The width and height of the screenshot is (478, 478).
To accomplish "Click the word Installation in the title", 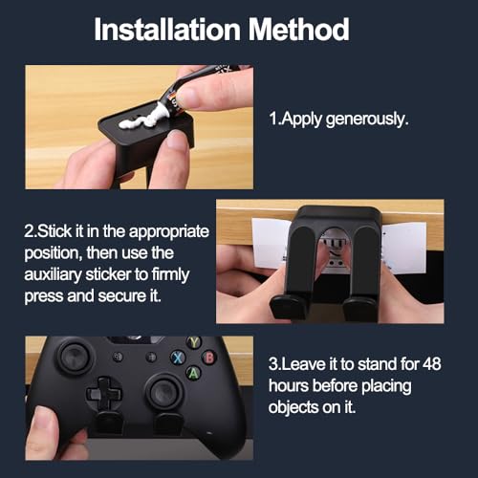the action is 167,30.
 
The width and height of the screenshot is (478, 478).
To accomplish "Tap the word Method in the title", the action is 298,30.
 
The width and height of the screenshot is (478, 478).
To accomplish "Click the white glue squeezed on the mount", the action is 142,119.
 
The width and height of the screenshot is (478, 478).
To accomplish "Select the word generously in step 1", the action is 367,119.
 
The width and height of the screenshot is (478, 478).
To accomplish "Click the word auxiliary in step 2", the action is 53,275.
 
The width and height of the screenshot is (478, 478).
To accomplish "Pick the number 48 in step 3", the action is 432,363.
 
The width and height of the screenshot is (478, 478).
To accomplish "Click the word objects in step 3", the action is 293,407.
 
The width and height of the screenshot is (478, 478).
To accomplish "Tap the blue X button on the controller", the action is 178,358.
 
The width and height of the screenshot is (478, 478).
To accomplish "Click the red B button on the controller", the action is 209,358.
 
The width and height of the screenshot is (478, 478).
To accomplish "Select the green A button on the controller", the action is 193,373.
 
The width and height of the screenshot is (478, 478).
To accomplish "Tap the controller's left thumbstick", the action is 75,356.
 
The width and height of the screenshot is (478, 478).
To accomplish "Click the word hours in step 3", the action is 289,385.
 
